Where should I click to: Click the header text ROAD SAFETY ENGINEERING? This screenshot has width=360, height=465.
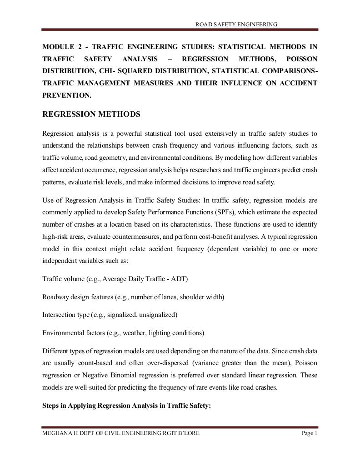click(x=236, y=24)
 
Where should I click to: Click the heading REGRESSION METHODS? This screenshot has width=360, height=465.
click(x=91, y=114)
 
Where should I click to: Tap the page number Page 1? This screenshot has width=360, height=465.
click(x=310, y=433)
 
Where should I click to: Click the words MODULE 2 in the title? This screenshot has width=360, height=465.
click(x=60, y=47)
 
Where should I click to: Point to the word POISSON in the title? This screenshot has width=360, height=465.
click(x=302, y=59)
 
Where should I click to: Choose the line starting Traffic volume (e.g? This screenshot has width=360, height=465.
click(x=115, y=278)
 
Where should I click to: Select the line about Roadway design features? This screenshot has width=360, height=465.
click(x=133, y=297)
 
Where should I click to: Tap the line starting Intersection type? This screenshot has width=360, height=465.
click(x=110, y=314)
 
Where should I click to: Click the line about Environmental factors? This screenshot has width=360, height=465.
click(x=123, y=332)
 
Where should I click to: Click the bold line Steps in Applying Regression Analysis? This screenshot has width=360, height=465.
click(x=126, y=406)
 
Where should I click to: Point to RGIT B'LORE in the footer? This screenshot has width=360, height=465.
click(x=180, y=433)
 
